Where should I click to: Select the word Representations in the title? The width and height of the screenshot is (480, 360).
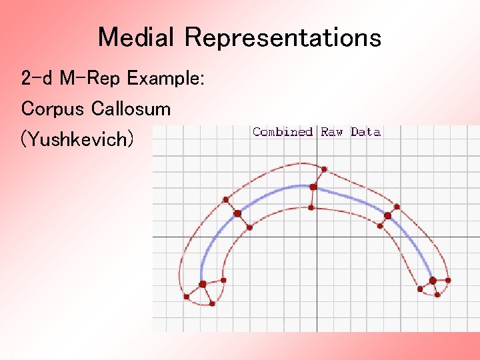click(283, 37)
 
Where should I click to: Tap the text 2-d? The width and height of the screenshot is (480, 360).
click(37, 79)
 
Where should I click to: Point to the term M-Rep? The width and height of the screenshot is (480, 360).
click(91, 79)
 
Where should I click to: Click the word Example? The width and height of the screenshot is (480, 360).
click(166, 79)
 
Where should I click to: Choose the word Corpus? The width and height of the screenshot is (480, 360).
click(53, 109)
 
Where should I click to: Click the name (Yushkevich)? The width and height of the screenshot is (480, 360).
click(77, 139)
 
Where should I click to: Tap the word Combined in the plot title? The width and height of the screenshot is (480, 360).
click(283, 132)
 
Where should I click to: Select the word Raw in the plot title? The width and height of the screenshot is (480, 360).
click(331, 132)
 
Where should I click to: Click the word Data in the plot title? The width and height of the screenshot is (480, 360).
click(365, 132)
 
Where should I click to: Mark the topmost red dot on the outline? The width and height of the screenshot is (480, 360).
click(325, 168)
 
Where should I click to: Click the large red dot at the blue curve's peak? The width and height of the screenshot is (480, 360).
click(313, 187)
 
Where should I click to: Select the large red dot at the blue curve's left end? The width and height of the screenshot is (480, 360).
click(203, 285)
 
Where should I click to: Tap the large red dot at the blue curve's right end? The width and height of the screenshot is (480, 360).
click(433, 281)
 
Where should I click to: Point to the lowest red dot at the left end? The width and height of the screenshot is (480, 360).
click(212, 303)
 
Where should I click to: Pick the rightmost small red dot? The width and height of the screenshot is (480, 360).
click(447, 280)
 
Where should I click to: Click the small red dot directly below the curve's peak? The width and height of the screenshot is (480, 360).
click(311, 208)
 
